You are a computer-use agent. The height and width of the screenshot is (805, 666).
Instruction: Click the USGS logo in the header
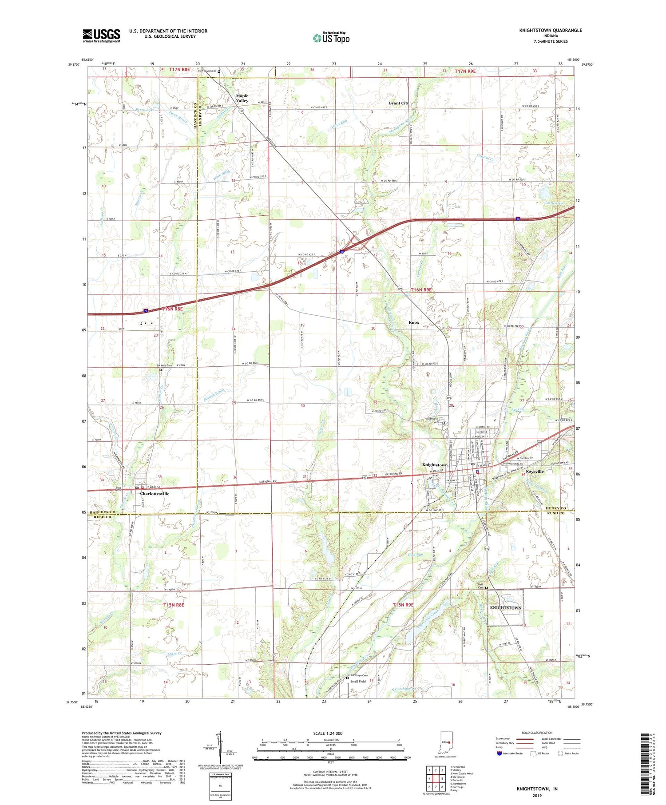click(x=101, y=36)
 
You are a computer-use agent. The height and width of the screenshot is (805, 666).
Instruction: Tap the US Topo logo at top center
click(x=331, y=38)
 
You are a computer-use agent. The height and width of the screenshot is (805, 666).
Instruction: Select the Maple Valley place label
click(x=242, y=98)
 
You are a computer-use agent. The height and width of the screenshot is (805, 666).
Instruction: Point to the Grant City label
click(x=398, y=103)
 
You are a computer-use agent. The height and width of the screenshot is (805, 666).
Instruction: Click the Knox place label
click(x=414, y=322)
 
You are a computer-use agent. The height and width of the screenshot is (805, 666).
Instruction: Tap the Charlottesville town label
click(x=155, y=493)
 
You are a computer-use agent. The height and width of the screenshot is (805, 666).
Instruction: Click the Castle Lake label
click(x=554, y=203)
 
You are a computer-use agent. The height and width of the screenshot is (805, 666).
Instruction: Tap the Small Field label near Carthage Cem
click(x=358, y=681)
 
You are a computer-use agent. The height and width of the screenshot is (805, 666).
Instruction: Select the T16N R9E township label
click(x=421, y=289)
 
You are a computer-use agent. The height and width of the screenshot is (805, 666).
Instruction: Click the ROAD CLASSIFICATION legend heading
click(x=537, y=733)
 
